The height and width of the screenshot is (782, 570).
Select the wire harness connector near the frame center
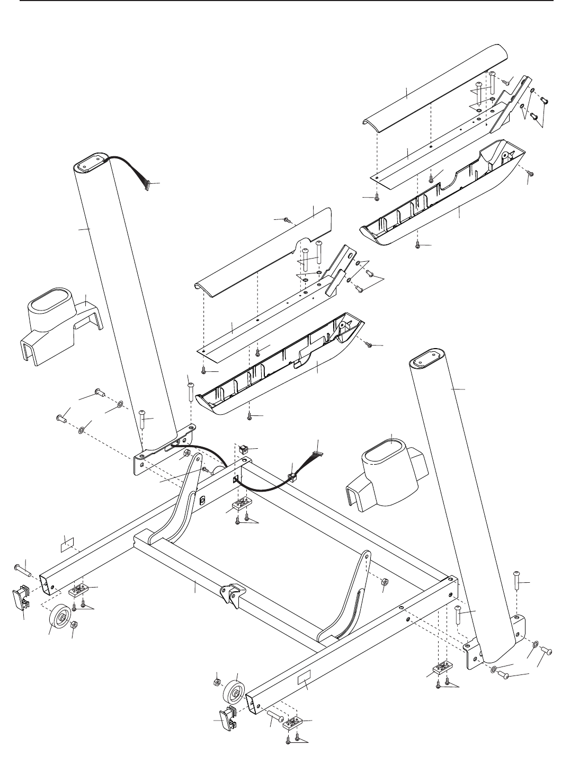pyautogui.click(x=317, y=455)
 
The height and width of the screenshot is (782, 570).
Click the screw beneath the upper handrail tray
pyautogui.click(x=418, y=245)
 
